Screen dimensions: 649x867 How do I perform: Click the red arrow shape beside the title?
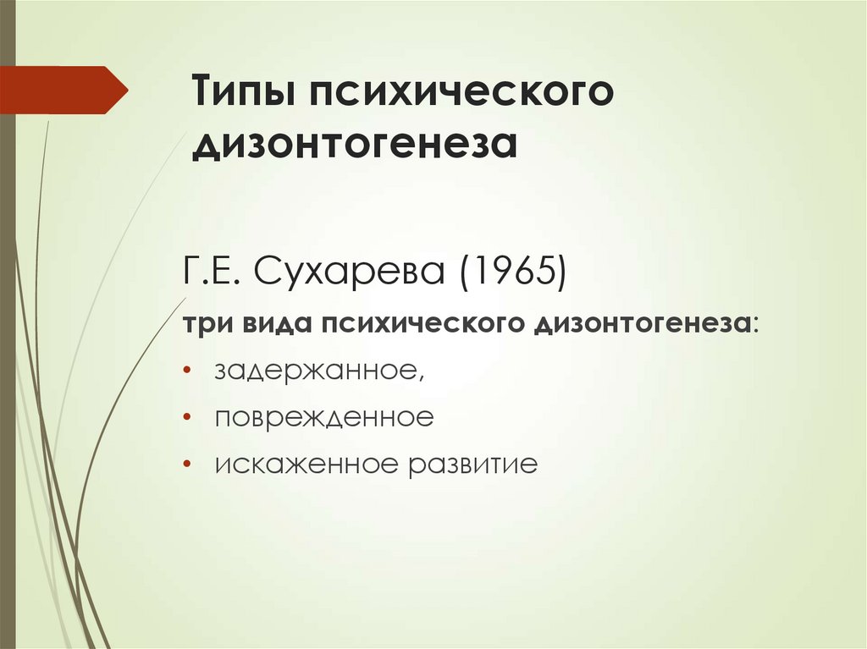pos(64,90)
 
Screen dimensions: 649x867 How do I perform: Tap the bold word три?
pos(207,326)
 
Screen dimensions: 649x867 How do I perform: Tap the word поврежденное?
pos(323,418)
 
